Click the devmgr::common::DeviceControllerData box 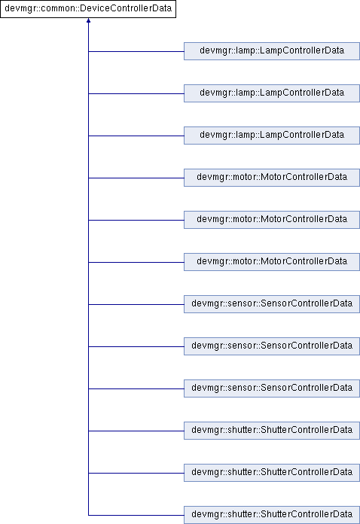click(88, 9)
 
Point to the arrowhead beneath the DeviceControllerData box click(88, 21)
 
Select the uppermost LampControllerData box click(272, 51)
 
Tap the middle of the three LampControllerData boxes click(272, 93)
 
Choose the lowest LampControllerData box click(272, 136)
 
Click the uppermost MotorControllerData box click(272, 178)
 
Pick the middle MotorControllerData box click(272, 220)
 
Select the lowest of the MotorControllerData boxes click(272, 262)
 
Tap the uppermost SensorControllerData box click(272, 303)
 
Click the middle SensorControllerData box click(272, 346)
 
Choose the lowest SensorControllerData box click(272, 388)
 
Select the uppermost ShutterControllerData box click(272, 430)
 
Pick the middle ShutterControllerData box click(272, 472)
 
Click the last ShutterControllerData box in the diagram click(272, 515)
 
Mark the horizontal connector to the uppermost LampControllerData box click(136, 51)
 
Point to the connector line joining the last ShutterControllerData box click(136, 515)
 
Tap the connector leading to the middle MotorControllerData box click(136, 220)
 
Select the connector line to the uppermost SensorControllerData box click(136, 304)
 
